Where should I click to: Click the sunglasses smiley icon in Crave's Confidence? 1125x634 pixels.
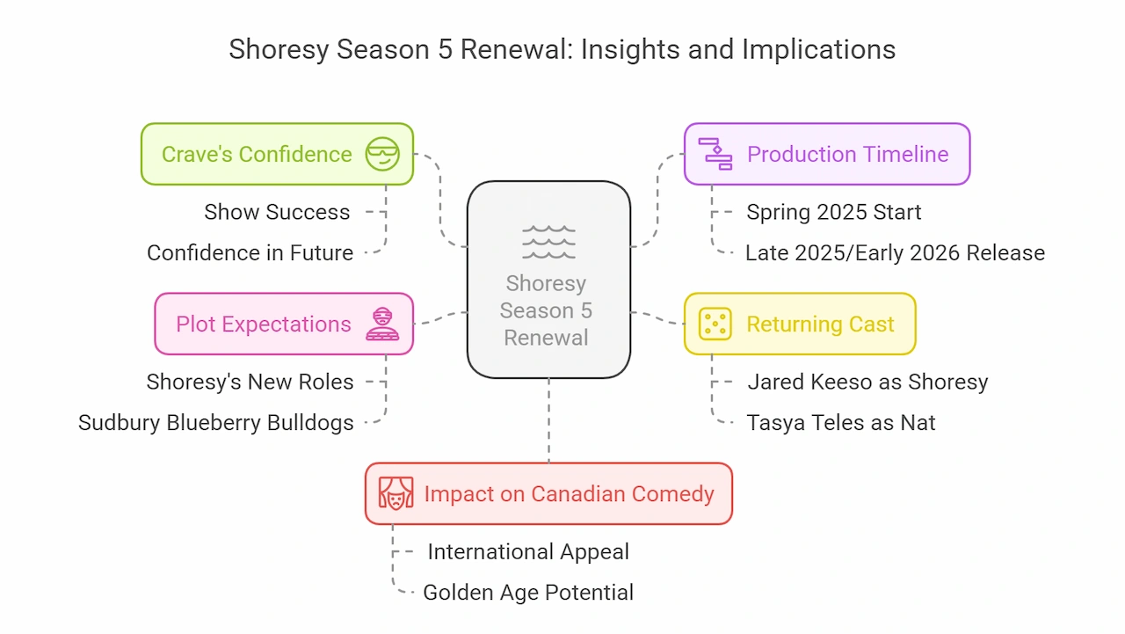(x=382, y=154)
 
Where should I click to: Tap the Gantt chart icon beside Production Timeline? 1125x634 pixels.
(x=715, y=154)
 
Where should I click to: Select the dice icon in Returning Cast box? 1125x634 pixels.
(x=715, y=324)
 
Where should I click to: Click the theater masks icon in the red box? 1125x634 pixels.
(x=396, y=493)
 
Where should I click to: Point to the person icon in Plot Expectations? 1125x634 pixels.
(x=382, y=324)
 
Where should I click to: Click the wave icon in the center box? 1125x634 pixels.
(x=548, y=242)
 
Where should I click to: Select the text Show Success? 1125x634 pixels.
(x=277, y=212)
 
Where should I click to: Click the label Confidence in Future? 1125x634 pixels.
(x=250, y=252)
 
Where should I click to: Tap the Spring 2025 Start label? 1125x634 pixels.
(x=834, y=212)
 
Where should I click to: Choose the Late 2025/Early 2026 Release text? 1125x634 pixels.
(x=895, y=252)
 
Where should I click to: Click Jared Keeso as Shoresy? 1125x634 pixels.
(x=867, y=382)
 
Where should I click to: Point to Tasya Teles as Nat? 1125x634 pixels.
(x=841, y=422)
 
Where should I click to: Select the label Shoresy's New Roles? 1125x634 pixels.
(x=250, y=382)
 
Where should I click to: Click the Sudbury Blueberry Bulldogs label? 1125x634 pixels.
(x=216, y=422)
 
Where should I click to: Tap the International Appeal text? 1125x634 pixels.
(x=528, y=551)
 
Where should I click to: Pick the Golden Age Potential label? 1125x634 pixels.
(x=528, y=593)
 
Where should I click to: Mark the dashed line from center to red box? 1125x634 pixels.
(x=548, y=420)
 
